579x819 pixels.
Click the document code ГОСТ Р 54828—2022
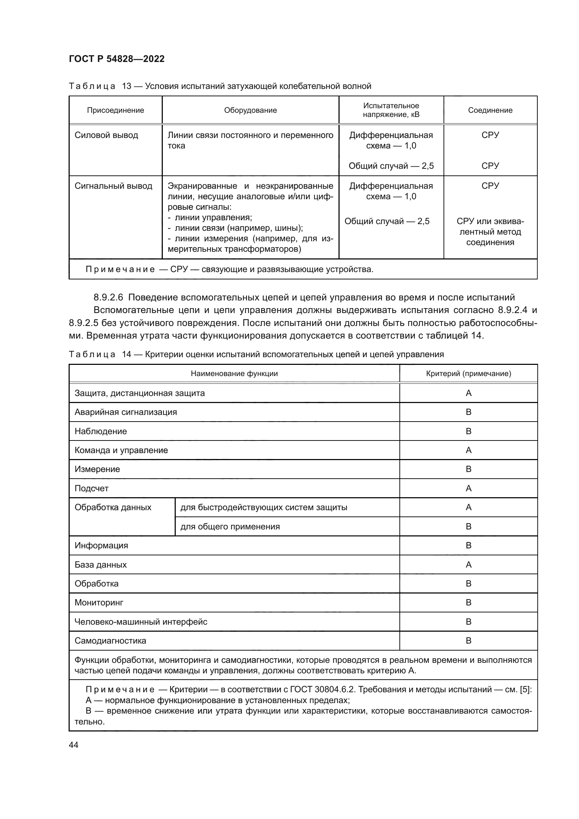117,59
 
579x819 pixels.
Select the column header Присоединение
116,110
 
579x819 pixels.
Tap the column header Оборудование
250,110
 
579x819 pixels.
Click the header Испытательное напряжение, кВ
391,110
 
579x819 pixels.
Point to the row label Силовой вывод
106,135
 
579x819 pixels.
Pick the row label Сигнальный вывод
113,186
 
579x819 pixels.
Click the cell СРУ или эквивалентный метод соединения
490,232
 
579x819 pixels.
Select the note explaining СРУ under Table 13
229,269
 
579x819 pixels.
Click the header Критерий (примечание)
468,374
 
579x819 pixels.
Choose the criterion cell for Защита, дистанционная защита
468,393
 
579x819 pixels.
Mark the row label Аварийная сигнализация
126,412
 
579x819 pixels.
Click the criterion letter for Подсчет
468,488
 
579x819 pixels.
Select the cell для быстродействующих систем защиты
264,507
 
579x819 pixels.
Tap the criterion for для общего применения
468,527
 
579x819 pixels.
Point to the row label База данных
100,565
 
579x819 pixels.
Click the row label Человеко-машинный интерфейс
141,622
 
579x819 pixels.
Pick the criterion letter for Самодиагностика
468,641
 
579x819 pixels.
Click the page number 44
74,745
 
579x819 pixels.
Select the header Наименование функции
234,374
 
